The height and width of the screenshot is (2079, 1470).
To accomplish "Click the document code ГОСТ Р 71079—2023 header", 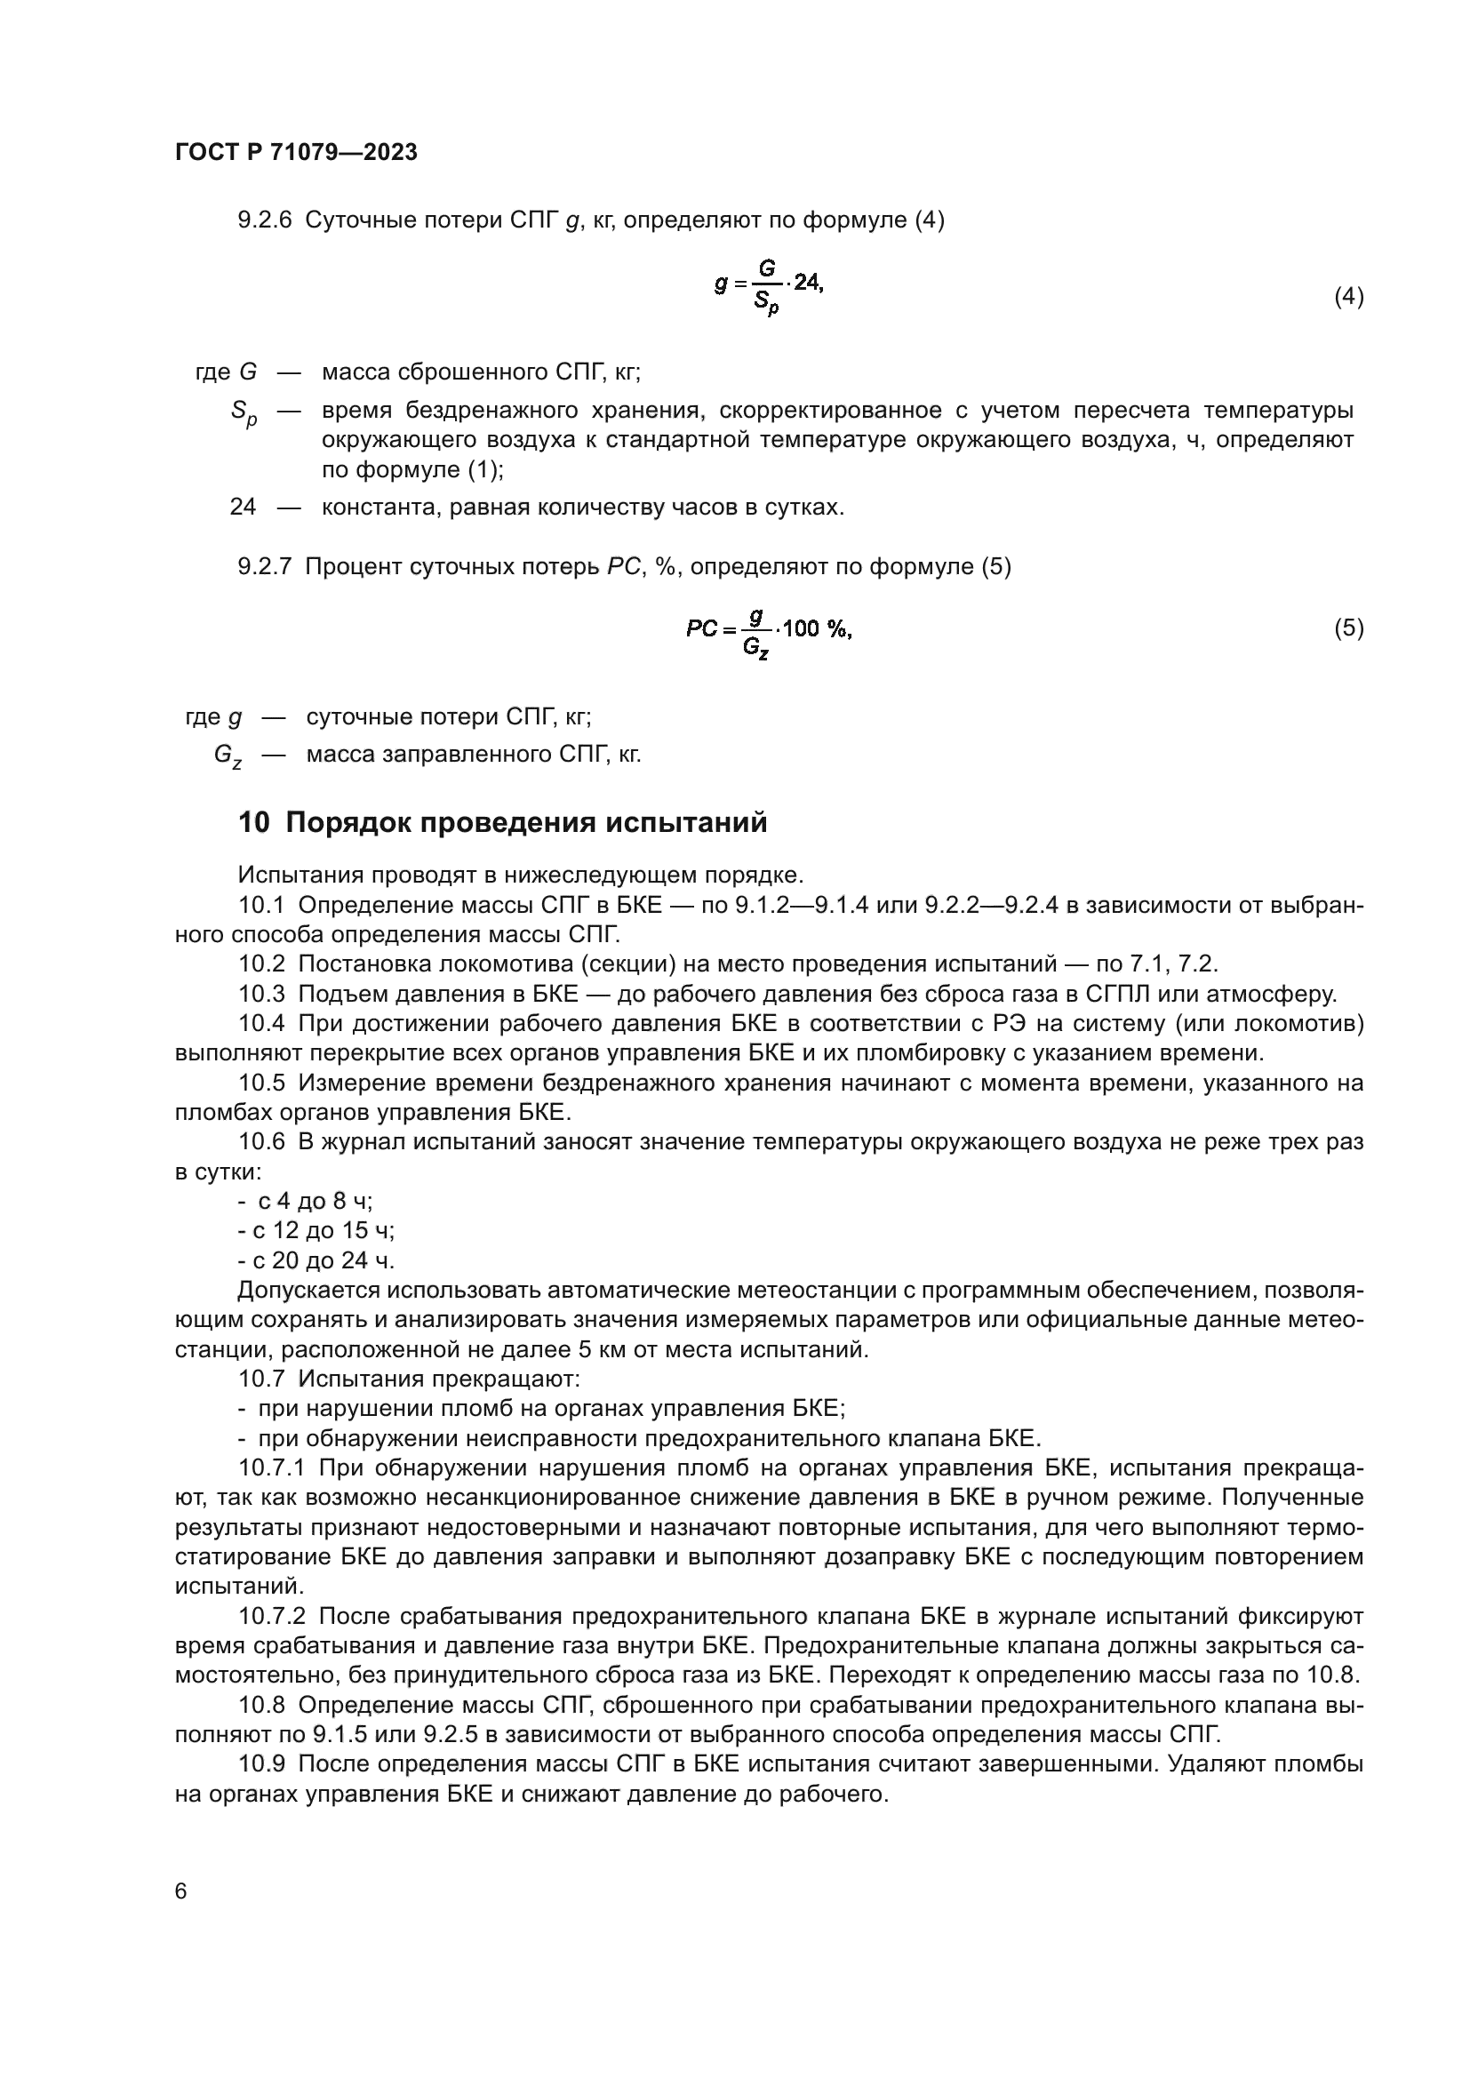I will tap(296, 152).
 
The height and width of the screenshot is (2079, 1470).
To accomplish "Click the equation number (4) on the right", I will tap(1349, 296).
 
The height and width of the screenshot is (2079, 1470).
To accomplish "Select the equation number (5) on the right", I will tap(1349, 628).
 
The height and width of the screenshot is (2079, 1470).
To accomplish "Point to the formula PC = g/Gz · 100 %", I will tap(769, 629).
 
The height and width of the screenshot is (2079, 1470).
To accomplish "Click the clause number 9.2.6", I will tap(264, 220).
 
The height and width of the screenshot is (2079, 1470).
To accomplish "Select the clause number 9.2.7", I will tap(264, 567).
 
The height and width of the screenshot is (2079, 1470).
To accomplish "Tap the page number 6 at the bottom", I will tap(181, 1891).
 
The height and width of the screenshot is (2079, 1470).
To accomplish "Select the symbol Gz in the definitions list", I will tap(228, 756).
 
